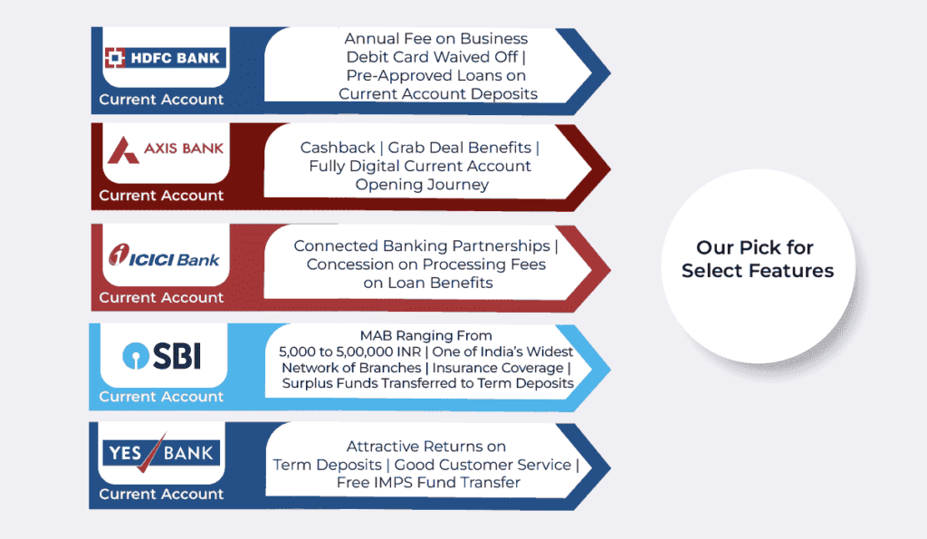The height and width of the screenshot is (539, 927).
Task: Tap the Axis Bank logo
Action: pyautogui.click(x=164, y=149)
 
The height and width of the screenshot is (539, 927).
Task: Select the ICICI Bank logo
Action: pyautogui.click(x=163, y=257)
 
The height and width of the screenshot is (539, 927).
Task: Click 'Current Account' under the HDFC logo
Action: pyautogui.click(x=161, y=100)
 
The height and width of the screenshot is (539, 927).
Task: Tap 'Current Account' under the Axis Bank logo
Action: pyautogui.click(x=161, y=196)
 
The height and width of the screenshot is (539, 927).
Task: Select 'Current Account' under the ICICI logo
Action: pyautogui.click(x=161, y=297)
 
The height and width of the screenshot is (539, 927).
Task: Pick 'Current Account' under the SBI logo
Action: pyautogui.click(x=161, y=397)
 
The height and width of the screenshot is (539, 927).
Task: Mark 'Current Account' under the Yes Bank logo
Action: pyautogui.click(x=161, y=495)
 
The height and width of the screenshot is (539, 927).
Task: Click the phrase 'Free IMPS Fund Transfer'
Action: pyautogui.click(x=428, y=483)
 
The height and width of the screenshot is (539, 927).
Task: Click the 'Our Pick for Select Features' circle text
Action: pyautogui.click(x=758, y=259)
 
